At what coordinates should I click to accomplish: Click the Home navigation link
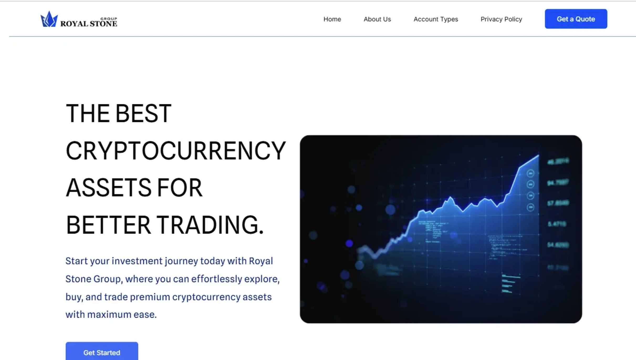click(x=332, y=19)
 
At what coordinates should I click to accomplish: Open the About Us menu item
click(x=377, y=19)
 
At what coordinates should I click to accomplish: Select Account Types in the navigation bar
click(x=436, y=19)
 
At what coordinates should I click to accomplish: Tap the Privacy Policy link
click(x=501, y=19)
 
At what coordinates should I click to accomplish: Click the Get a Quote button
click(x=576, y=19)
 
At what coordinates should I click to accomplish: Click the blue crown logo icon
click(x=49, y=19)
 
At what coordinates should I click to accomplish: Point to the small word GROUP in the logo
click(x=109, y=19)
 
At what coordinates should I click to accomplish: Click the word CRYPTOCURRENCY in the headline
click(x=175, y=151)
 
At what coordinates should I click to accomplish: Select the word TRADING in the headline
click(x=210, y=225)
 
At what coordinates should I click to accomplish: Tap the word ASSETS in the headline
click(x=108, y=188)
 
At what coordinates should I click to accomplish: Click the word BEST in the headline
click(x=143, y=114)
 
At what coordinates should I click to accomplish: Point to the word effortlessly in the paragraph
click(x=216, y=279)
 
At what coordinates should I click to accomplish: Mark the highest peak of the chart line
click(x=538, y=156)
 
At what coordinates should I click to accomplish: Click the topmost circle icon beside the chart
click(x=530, y=173)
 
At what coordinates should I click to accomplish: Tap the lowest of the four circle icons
click(x=530, y=207)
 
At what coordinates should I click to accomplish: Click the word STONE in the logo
click(x=103, y=24)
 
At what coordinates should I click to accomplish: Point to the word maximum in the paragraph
click(x=109, y=315)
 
